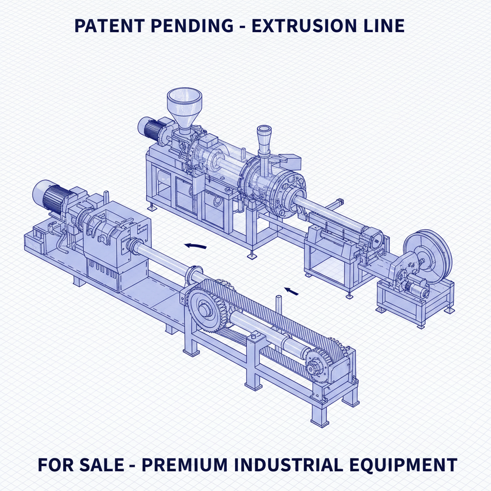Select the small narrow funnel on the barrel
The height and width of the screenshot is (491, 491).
(264, 137)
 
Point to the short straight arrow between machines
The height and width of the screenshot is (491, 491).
(291, 290)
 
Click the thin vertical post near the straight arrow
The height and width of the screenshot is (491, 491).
(278, 308)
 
